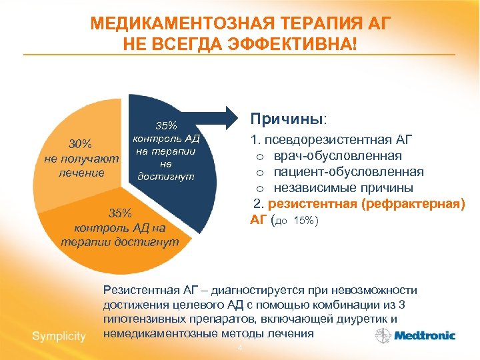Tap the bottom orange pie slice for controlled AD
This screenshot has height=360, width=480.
(x=120, y=247)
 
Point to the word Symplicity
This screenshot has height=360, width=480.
(x=59, y=336)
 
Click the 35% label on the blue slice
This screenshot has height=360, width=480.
(x=166, y=126)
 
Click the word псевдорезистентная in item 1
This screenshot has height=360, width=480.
(x=323, y=140)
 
